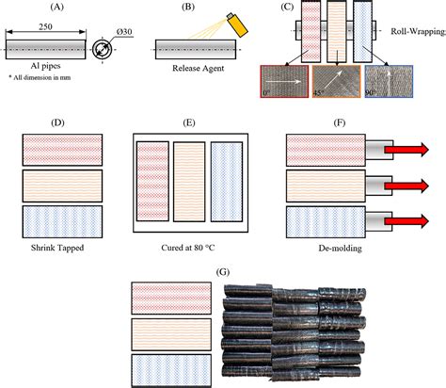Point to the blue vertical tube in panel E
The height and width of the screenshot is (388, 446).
(227, 186)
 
